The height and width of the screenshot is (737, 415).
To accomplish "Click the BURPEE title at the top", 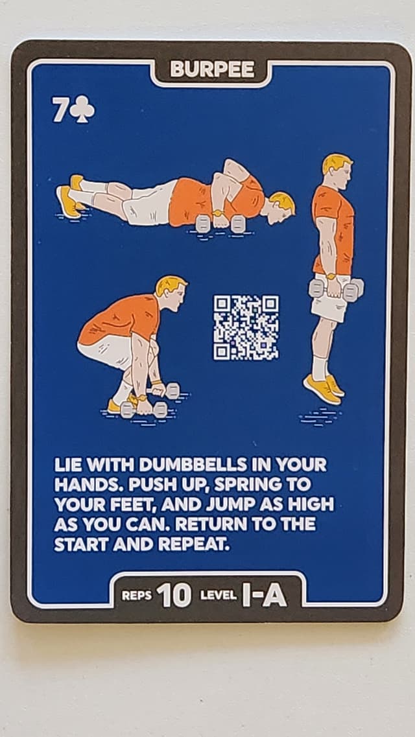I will pyautogui.click(x=212, y=70).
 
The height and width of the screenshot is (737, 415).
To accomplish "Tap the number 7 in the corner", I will pyautogui.click(x=59, y=111).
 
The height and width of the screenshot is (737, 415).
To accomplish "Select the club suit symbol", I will pyautogui.click(x=82, y=111).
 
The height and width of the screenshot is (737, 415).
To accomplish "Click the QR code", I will pyautogui.click(x=246, y=327).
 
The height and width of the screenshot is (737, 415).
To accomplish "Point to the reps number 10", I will pyautogui.click(x=174, y=595).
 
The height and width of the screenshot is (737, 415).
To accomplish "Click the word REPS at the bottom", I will pyautogui.click(x=136, y=596).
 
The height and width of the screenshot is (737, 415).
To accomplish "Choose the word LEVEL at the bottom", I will pyautogui.click(x=218, y=596).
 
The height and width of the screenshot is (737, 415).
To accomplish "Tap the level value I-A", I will pyautogui.click(x=264, y=595).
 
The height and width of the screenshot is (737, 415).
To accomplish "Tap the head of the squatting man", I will pyautogui.click(x=171, y=292).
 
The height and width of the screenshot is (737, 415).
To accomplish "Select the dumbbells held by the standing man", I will pyautogui.click(x=335, y=288).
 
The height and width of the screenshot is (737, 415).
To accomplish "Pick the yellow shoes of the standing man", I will pyautogui.click(x=324, y=388).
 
